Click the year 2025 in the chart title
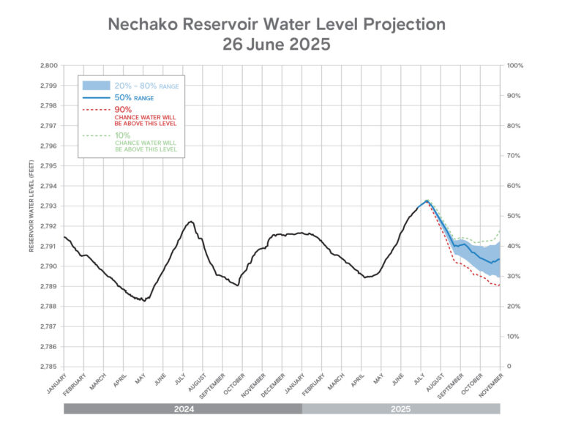(x=310, y=44)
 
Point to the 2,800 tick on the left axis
(x=48, y=66)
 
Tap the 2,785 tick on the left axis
(x=48, y=366)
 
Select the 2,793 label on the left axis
(x=48, y=206)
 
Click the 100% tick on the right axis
(x=514, y=66)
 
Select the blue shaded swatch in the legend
(x=97, y=86)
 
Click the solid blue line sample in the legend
(x=97, y=97)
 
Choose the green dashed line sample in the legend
(x=97, y=135)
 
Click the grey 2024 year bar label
(x=183, y=408)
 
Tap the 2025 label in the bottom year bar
(x=401, y=408)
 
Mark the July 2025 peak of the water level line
(x=426, y=200)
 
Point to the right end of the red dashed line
(x=500, y=285)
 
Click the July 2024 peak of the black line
(x=190, y=221)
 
